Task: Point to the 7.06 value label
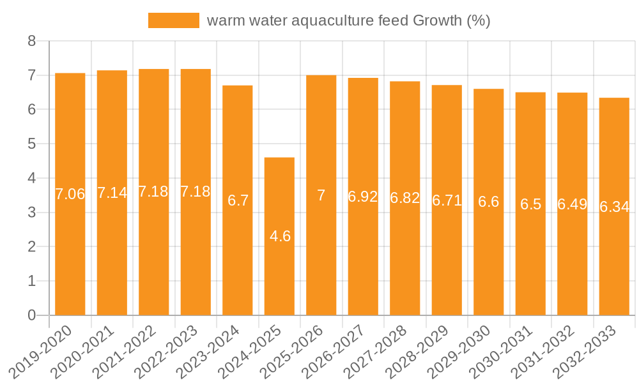[70, 194]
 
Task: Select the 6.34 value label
[615, 207]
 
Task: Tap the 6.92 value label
[363, 197]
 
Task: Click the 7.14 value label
[112, 193]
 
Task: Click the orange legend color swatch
[174, 20]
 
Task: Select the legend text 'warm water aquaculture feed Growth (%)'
[348, 20]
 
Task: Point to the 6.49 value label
[573, 204]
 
